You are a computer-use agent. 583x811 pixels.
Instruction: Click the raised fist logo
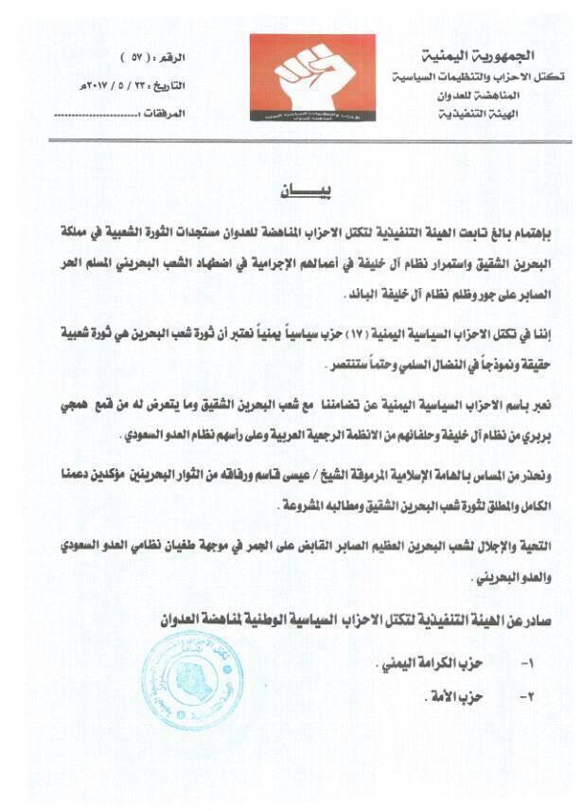312,81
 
